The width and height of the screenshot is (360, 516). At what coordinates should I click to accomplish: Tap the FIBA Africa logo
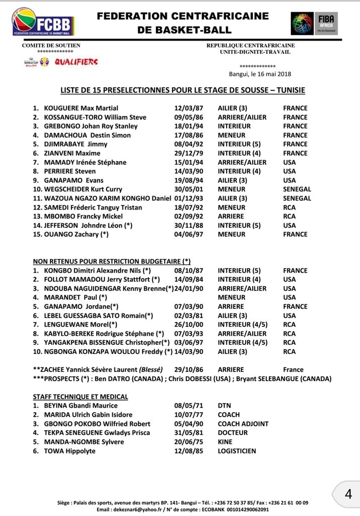click(314, 23)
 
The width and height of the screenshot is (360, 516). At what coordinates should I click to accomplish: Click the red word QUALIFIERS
click(77, 62)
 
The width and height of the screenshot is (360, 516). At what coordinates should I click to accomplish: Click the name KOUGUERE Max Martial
click(81, 108)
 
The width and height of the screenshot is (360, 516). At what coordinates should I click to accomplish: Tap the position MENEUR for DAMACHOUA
click(232, 135)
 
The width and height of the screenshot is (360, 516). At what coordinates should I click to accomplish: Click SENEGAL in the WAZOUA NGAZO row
click(297, 199)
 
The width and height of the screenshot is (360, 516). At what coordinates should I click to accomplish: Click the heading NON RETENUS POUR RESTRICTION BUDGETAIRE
click(112, 261)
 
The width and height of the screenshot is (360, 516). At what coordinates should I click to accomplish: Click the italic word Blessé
click(151, 370)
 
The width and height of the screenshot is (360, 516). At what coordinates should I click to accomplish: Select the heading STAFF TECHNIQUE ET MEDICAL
click(81, 397)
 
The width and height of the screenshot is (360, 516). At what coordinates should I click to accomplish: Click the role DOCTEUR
click(233, 433)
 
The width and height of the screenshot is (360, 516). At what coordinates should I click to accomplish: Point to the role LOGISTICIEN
click(237, 451)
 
